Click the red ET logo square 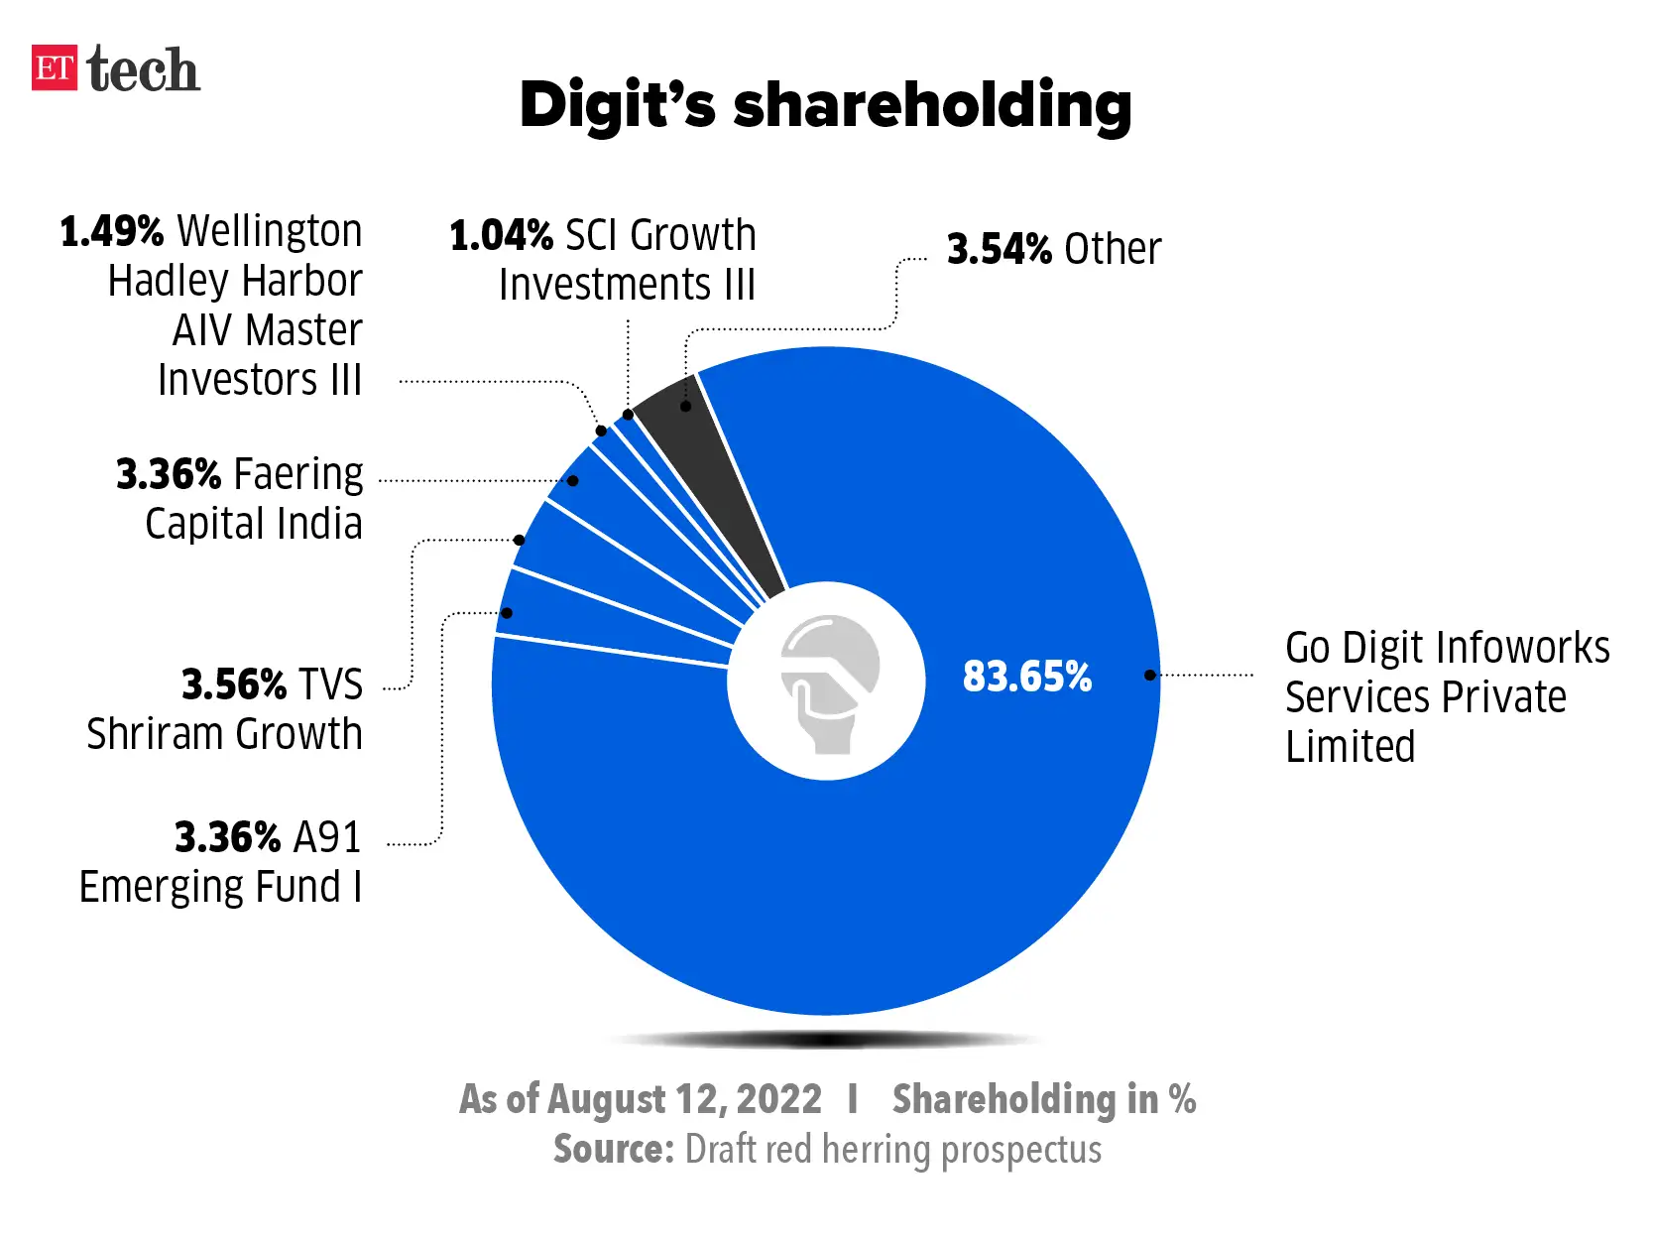54,68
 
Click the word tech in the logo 143,70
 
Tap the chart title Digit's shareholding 825,105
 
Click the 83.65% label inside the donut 1026,677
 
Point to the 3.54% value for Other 999,249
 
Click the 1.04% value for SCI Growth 501,236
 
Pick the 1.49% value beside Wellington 111,231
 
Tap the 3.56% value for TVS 233,684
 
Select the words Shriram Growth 224,734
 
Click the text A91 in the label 327,837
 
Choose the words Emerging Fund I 220,887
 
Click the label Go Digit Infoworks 1447,648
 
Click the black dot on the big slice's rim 1149,676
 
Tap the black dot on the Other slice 685,407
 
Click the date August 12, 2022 683,1099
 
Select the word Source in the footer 613,1150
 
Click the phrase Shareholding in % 1043,1099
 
